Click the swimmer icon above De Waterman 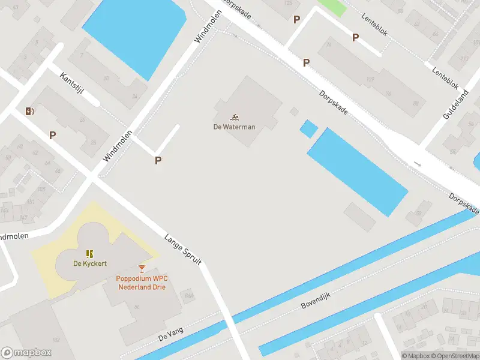click(x=235, y=116)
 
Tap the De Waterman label click(x=235, y=127)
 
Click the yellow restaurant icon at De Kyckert click(x=89, y=254)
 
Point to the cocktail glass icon click(x=142, y=268)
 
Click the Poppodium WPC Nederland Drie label click(x=141, y=283)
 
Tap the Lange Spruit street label click(x=183, y=250)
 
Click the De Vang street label click(x=170, y=337)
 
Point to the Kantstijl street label click(x=71, y=86)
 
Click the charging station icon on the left click(x=29, y=110)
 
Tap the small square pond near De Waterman click(x=308, y=128)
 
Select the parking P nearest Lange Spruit click(x=158, y=160)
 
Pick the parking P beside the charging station click(x=52, y=136)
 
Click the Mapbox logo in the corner click(x=26, y=353)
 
